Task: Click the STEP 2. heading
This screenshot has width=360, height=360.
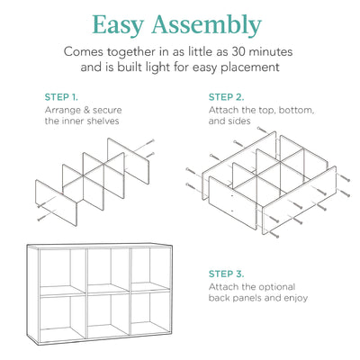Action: [x=226, y=96]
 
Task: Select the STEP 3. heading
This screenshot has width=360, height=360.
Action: [x=226, y=274]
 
